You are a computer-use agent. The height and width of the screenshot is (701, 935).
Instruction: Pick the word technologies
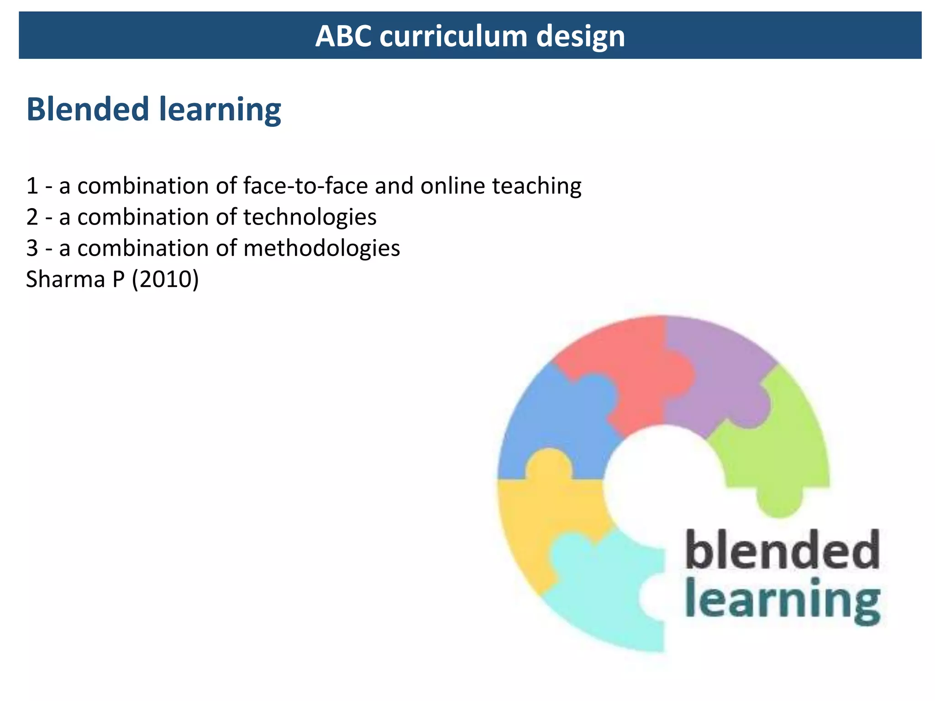[310, 217]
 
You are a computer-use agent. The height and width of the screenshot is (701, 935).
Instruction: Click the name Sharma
[65, 279]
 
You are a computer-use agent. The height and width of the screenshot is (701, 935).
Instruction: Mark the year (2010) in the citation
[165, 279]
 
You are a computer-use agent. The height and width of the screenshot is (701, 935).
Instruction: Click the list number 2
[32, 217]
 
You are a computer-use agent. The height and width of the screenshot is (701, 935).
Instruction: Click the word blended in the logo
[782, 549]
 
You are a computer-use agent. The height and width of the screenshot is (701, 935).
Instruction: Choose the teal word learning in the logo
[782, 600]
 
